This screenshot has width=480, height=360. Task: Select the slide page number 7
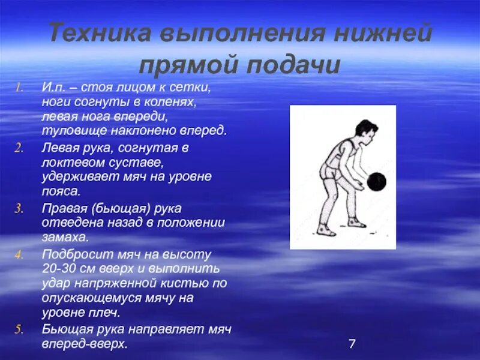click(352, 344)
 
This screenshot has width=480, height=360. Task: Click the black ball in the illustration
click(376, 182)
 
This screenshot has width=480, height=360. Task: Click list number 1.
click(19, 88)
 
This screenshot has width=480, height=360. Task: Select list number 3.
click(19, 208)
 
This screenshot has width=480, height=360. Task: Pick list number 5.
click(19, 329)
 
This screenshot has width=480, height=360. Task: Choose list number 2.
click(19, 148)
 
